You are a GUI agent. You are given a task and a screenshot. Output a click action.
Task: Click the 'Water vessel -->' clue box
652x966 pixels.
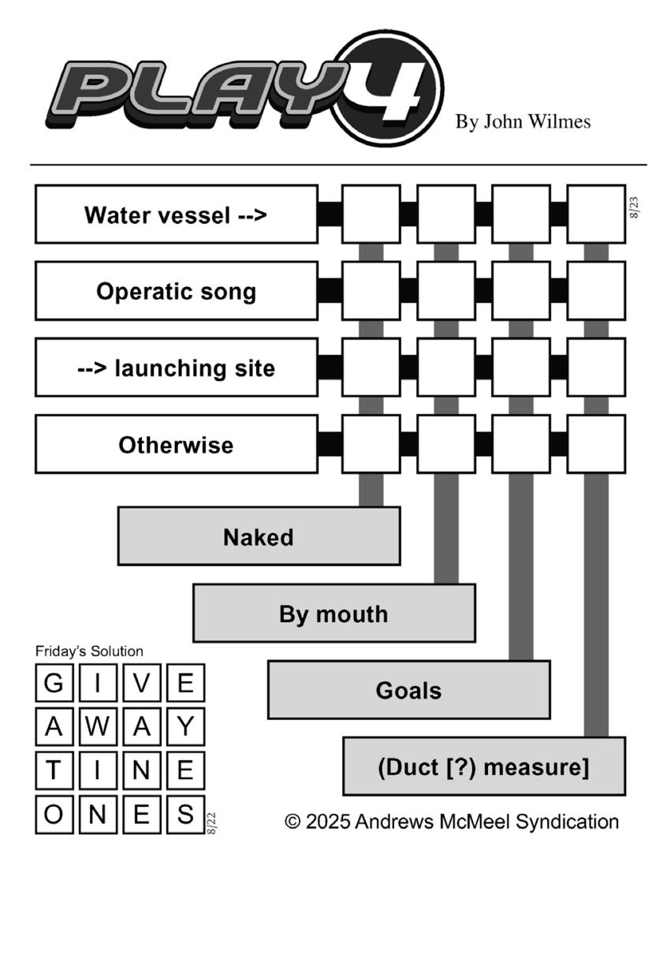177,214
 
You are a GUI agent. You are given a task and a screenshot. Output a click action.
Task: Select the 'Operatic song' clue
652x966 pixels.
177,291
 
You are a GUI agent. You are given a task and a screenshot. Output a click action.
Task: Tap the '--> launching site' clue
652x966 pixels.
177,367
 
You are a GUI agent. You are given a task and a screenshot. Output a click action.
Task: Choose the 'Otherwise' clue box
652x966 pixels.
177,444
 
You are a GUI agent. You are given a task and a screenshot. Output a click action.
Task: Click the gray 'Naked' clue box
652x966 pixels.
259,536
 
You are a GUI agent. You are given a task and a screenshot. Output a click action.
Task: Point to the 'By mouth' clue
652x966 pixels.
334,613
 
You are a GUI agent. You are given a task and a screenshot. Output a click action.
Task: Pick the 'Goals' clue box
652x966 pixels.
409,689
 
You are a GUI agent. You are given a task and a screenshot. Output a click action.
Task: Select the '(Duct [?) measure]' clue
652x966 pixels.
484,766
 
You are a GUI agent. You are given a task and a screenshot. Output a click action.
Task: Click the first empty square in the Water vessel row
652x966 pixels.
371,214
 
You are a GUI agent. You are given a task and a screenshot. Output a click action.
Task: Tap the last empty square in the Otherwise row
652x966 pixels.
596,444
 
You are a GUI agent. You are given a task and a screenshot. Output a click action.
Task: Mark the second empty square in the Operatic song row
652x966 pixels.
446,291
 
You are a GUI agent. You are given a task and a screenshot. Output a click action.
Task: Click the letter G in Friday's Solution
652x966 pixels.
54,683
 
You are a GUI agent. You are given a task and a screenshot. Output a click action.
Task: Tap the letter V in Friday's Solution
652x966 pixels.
142,683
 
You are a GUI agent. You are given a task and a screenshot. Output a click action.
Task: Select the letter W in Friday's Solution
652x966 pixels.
98,726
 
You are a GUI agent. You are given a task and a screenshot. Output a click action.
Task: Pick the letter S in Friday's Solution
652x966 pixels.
185,814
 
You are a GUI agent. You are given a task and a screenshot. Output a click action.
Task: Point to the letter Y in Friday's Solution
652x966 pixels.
185,726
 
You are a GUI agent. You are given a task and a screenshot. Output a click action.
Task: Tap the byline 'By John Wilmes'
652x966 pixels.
523,121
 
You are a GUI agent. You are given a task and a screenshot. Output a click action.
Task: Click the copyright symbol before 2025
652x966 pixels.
292,822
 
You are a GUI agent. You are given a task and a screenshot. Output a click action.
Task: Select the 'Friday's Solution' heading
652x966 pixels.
89,651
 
